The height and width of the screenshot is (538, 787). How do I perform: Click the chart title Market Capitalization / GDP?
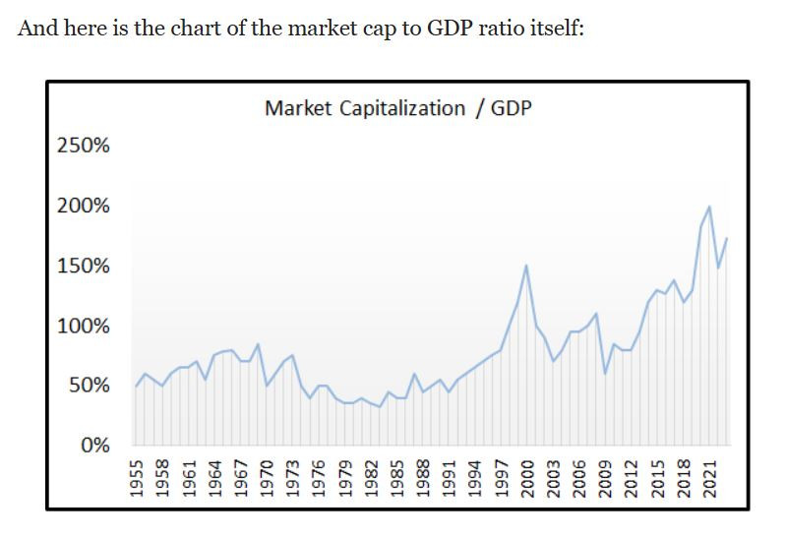pos(397,108)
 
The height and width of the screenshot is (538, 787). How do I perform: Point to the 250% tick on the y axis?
pos(84,146)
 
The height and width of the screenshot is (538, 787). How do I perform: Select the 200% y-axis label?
pos(84,207)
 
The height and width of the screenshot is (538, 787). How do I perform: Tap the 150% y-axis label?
pos(84,267)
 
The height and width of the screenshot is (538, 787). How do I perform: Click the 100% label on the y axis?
pos(84,326)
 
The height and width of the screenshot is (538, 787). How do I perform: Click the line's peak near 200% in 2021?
pos(709,207)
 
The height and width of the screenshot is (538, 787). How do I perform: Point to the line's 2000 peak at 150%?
pos(526,266)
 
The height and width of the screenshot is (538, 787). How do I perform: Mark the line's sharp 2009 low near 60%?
pos(605,373)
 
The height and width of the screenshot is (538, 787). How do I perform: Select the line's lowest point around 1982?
pos(380,406)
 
